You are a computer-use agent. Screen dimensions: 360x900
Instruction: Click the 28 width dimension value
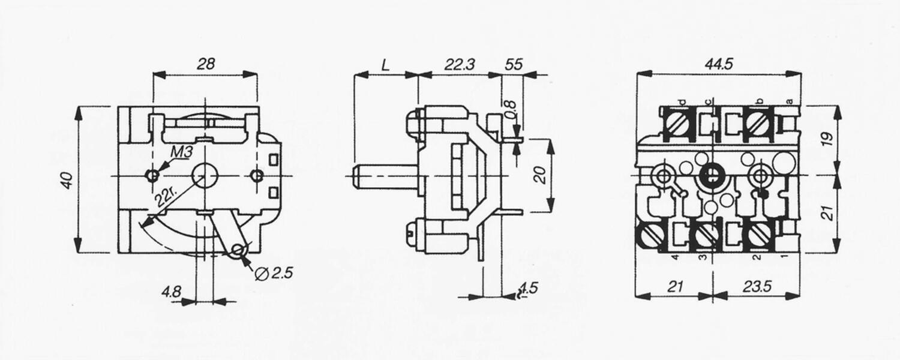click(206, 64)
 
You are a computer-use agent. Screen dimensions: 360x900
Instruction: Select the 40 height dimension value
click(67, 179)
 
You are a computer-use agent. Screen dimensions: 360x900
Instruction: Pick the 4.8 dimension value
click(171, 292)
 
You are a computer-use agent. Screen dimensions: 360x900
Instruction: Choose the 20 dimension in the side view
click(539, 175)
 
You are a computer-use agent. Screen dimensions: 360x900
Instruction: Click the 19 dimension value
click(827, 137)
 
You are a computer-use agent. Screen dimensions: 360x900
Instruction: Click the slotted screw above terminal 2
click(760, 235)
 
